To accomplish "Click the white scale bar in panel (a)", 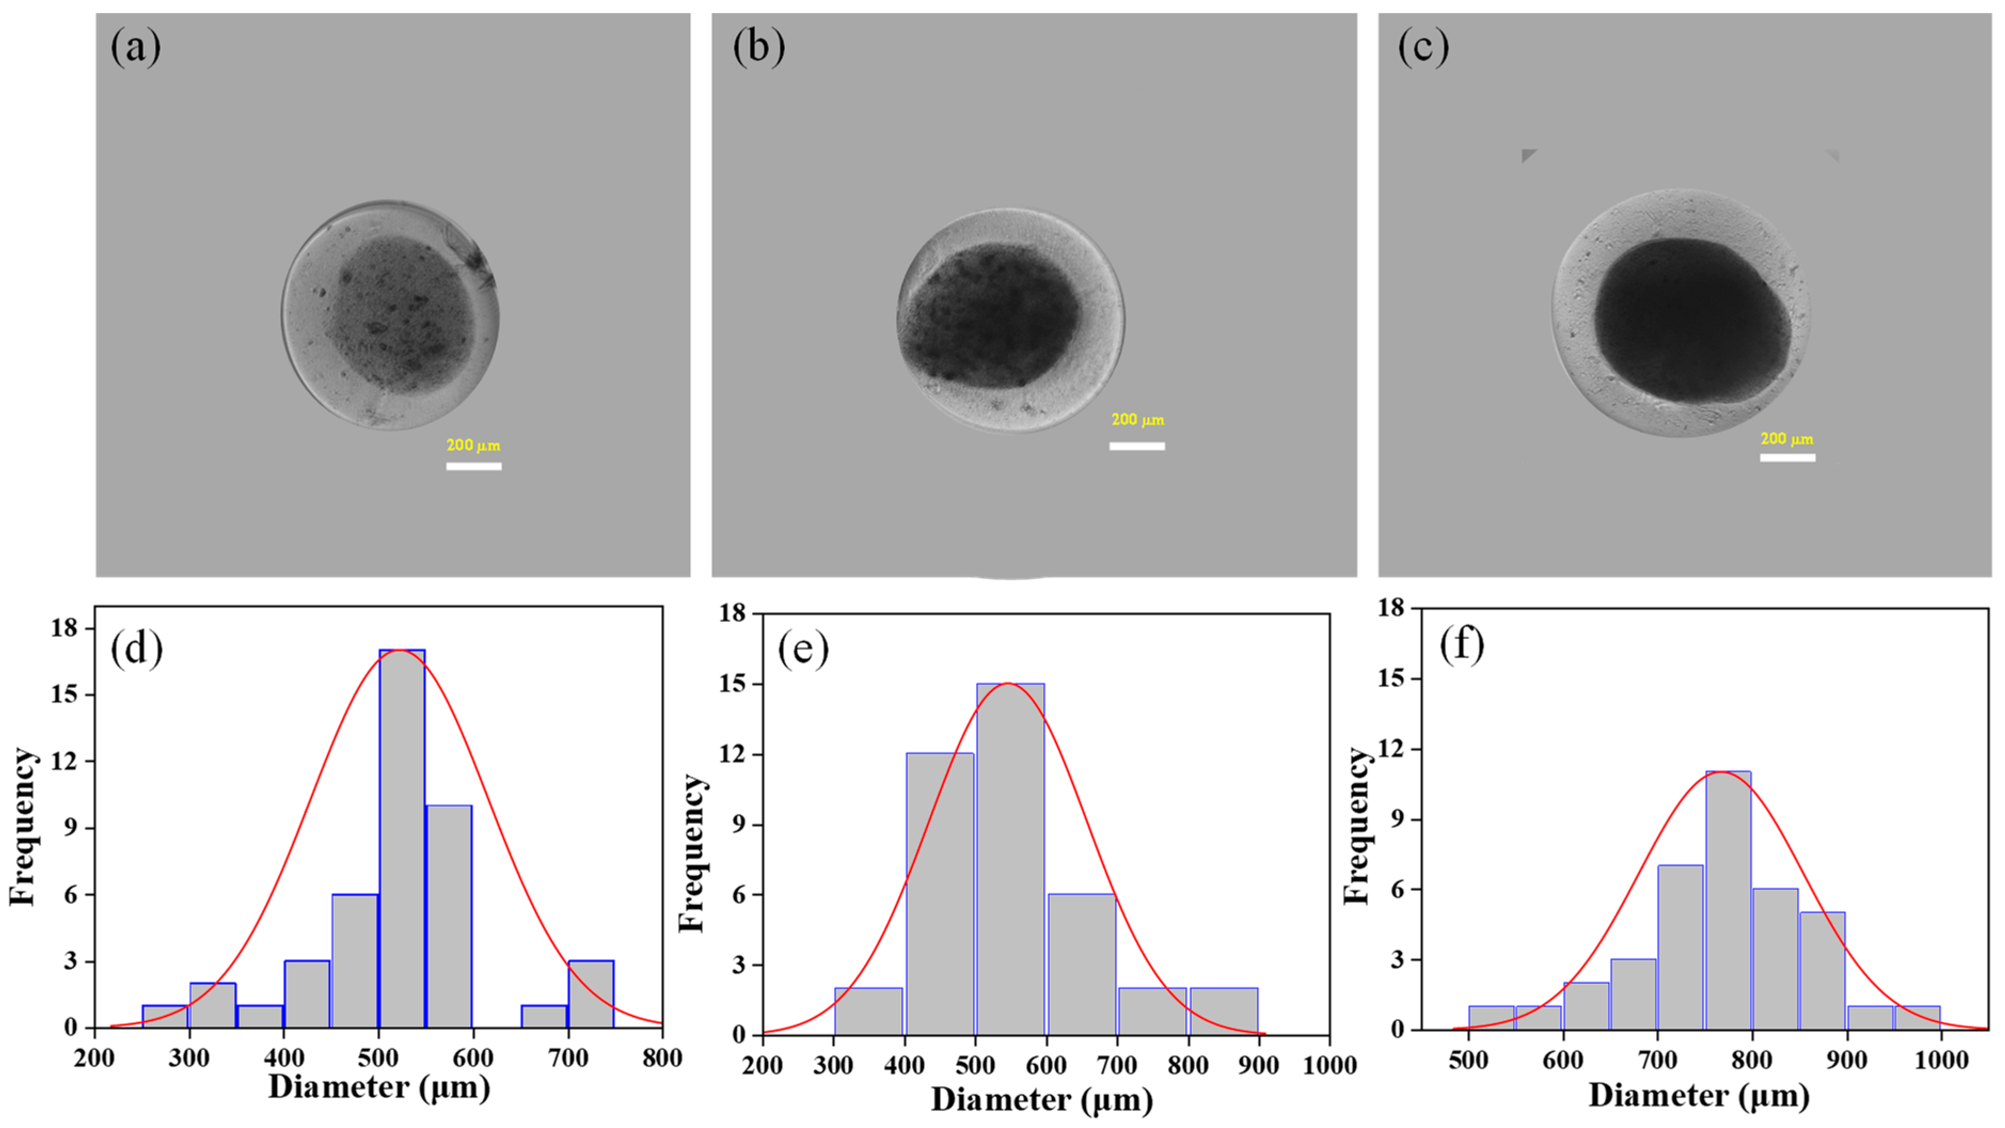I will click(x=473, y=466).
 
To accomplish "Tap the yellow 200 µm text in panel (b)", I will click(x=1137, y=420).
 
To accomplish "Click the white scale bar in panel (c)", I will click(x=1787, y=457).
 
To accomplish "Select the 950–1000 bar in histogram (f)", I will click(x=1917, y=1017).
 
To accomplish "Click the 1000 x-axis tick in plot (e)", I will click(x=1329, y=1065).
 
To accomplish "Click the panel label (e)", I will click(x=803, y=649).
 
